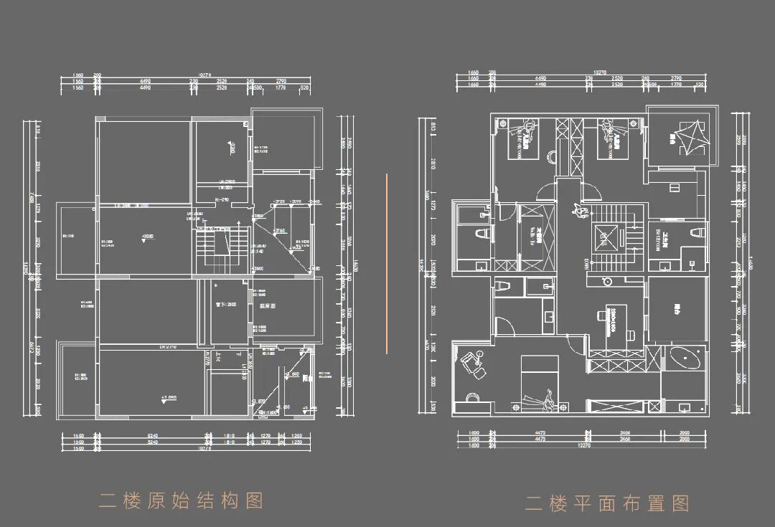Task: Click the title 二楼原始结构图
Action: (181, 500)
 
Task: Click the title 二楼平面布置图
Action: (607, 503)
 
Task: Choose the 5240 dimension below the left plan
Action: (151, 435)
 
